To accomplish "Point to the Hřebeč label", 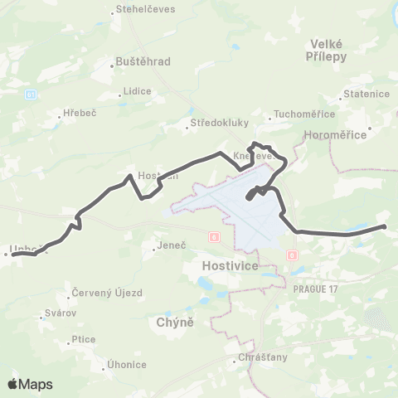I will click(x=80, y=114).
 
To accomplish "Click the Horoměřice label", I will click(x=342, y=132).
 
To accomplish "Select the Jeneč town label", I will click(x=171, y=246).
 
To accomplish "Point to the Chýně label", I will click(x=175, y=321).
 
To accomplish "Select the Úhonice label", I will click(x=127, y=365).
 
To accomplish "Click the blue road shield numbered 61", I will click(x=31, y=95).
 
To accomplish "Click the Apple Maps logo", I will click(x=30, y=384).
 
